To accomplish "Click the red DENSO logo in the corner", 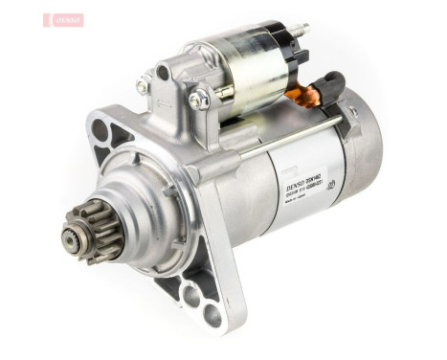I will pos(63,19).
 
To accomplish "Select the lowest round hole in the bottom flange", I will pos(212,315).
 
